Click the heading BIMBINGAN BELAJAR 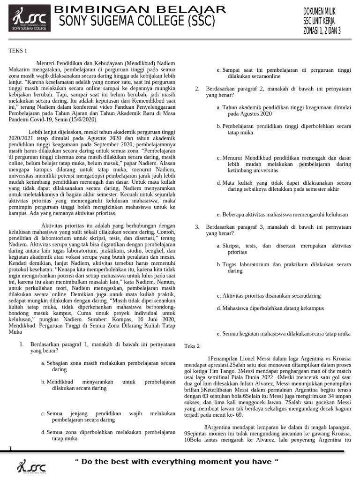click(x=141, y=9)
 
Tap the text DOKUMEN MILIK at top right click(x=326, y=11)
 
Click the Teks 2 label click(x=192, y=346)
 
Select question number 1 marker click(x=22, y=344)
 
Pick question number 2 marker click(x=197, y=88)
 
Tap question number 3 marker click(x=197, y=227)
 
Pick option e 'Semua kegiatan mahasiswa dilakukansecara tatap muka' click(x=284, y=333)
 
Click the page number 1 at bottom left click(x=10, y=450)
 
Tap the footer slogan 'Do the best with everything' click(x=177, y=462)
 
